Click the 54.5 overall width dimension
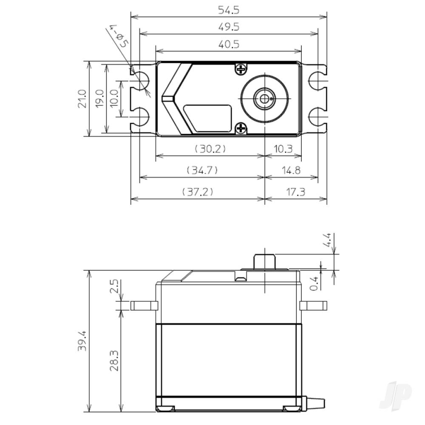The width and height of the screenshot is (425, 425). (229, 9)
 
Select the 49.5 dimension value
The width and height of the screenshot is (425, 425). (229, 27)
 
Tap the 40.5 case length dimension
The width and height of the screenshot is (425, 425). (229, 44)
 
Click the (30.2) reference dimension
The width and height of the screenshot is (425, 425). (210, 149)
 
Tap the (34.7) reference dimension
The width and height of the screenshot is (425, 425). (202, 170)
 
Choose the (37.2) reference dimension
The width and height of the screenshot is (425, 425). (198, 192)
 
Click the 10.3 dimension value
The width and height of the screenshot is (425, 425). (283, 149)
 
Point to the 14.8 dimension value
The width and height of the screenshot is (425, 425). (291, 170)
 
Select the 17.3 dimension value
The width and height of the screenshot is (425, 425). (296, 192)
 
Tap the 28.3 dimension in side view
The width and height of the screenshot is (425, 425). (114, 360)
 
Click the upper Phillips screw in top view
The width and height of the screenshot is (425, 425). (241, 69)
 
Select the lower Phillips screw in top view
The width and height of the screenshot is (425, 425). (241, 127)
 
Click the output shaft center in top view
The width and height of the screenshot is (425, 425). (264, 99)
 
